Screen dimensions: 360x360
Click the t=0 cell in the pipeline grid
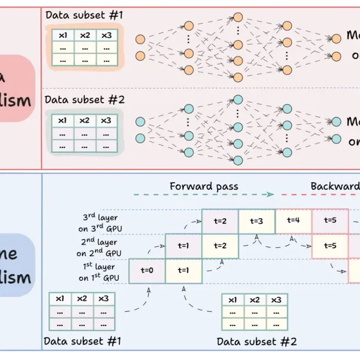pos(147,270)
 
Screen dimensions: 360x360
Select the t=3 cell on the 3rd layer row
pos(256,221)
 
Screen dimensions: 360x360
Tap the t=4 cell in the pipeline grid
pos(293,221)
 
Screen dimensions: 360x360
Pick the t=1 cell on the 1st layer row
pos(184,270)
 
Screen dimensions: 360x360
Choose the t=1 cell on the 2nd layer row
pos(184,246)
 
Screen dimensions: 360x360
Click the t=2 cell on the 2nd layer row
pos(220,246)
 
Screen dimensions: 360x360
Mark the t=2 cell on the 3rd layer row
pos(220,221)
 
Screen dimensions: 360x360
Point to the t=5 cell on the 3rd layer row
pos(330,221)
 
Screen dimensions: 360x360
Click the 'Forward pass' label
pos(204,186)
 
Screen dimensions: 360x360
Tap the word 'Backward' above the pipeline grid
pos(334,186)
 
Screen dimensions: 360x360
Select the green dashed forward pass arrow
pos(203,195)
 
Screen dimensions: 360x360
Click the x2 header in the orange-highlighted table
pos(85,35)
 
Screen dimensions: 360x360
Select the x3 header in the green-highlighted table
pos(107,120)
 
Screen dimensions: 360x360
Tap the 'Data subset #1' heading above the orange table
pos(84,15)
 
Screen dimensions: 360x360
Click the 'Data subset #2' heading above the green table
pos(85,100)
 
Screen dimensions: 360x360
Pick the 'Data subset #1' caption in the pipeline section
pos(82,341)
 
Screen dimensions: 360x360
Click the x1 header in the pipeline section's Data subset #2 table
pos(232,300)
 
